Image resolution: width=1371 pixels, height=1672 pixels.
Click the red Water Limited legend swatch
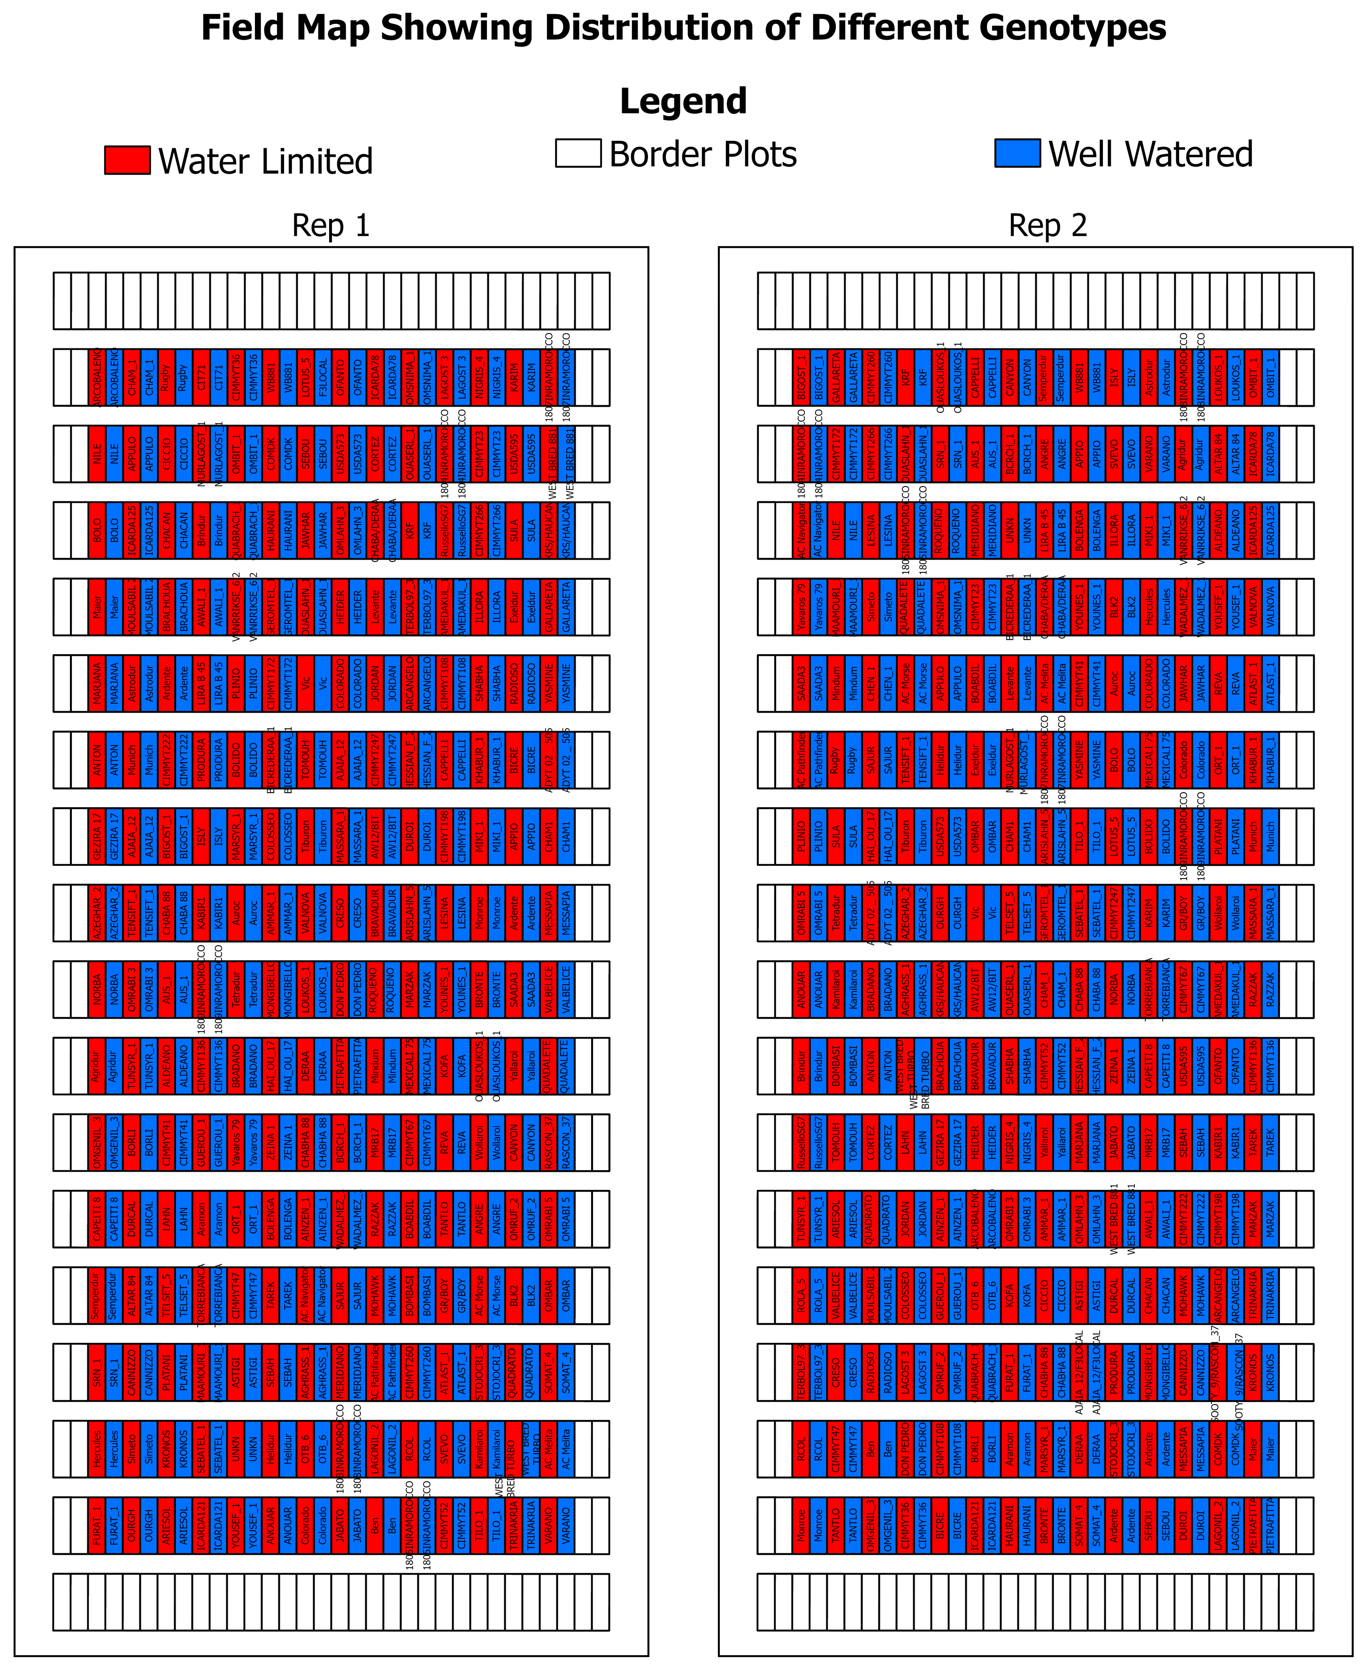click(127, 160)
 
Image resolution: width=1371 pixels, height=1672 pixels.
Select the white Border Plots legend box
click(578, 153)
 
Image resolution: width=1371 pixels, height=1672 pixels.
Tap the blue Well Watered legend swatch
click(1017, 153)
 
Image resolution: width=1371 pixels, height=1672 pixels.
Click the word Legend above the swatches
click(683, 101)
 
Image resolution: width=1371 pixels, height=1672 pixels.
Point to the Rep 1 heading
click(331, 226)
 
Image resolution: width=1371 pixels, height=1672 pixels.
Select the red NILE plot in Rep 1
click(97, 454)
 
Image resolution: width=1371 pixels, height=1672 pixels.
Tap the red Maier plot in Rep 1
click(97, 607)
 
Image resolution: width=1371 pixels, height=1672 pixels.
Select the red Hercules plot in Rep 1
click(97, 1449)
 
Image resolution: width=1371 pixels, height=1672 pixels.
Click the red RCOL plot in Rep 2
click(801, 1449)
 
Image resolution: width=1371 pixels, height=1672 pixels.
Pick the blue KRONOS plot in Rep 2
click(1270, 1372)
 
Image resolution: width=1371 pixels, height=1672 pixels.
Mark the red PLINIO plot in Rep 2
click(801, 836)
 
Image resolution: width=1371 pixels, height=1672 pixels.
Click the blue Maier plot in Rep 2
click(1270, 1449)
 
